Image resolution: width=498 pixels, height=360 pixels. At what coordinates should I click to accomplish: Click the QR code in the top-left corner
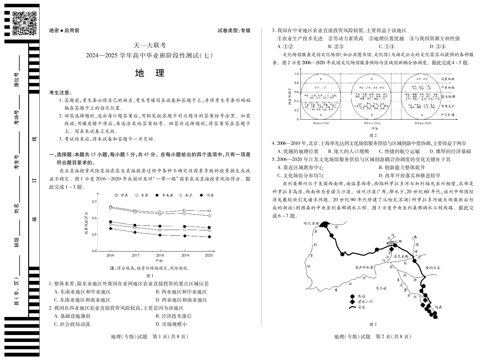tap(24, 23)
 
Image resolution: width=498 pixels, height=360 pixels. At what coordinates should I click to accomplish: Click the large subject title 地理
tap(149, 73)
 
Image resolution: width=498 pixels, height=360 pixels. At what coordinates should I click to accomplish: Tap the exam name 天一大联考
tap(149, 46)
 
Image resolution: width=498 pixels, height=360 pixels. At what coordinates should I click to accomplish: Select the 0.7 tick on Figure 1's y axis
tap(94, 202)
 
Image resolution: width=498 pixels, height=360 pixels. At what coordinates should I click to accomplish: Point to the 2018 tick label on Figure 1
tap(160, 255)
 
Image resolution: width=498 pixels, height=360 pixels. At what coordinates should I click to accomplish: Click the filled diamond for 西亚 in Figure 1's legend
tap(201, 195)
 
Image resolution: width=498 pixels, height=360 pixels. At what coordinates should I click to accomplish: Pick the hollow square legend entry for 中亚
tap(116, 195)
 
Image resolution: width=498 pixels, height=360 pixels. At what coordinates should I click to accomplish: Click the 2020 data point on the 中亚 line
tap(209, 211)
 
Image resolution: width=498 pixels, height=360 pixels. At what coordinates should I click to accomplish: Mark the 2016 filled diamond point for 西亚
tap(110, 228)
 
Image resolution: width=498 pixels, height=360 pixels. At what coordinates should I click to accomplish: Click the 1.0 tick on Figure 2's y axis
tap(296, 74)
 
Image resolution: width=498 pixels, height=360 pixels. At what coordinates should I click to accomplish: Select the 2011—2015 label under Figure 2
tap(372, 123)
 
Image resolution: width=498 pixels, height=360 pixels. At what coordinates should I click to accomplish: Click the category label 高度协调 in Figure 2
tap(448, 79)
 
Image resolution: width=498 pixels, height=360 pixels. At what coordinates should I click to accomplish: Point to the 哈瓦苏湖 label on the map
tap(311, 223)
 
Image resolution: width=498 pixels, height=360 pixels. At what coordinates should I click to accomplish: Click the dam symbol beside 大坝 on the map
tap(392, 242)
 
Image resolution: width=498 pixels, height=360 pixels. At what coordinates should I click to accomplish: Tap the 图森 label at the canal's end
tap(438, 307)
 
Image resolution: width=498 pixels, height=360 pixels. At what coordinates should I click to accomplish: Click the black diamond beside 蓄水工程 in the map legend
tap(352, 301)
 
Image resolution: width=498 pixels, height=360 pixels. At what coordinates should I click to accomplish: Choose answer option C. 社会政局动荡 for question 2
tap(72, 324)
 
